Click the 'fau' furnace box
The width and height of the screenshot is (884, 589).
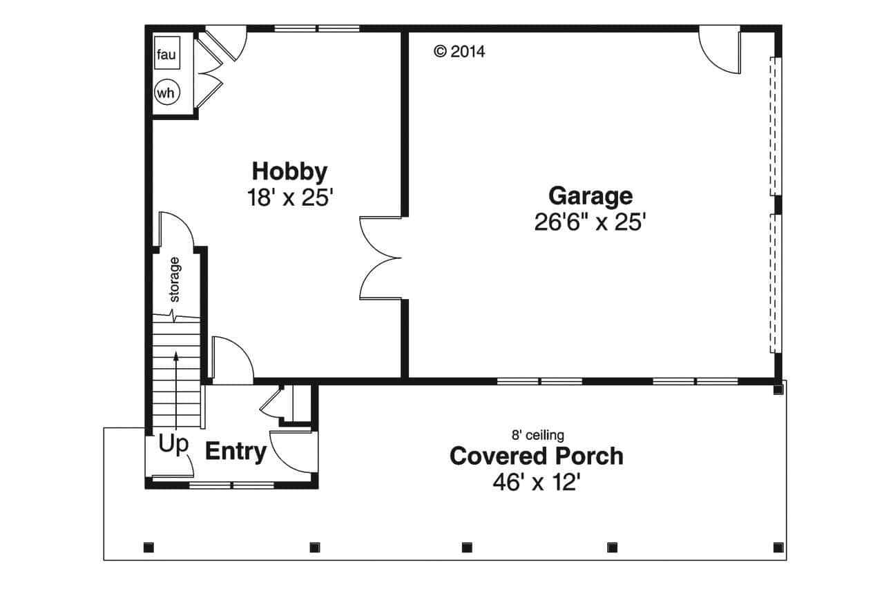[166, 55]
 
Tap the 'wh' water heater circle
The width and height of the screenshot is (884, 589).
[166, 92]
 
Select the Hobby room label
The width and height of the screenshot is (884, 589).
[289, 171]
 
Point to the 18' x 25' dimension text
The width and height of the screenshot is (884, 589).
[290, 197]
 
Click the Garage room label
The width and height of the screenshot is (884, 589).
[590, 195]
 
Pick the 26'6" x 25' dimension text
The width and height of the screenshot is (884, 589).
[590, 222]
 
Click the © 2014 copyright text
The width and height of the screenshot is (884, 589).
[459, 51]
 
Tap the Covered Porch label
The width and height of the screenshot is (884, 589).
[536, 456]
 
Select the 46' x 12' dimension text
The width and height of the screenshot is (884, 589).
[535, 482]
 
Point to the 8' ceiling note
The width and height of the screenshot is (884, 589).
[537, 435]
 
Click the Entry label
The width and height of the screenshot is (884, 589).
[236, 452]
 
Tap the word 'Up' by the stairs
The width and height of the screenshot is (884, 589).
[173, 445]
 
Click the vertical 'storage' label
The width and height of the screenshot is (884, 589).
[175, 280]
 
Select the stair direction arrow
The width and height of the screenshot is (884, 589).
[177, 387]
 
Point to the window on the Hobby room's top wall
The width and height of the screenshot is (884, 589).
[317, 29]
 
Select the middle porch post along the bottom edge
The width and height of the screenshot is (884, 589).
[466, 548]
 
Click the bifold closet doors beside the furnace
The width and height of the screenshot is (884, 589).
[207, 71]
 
